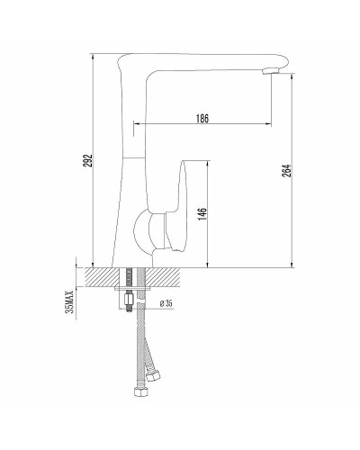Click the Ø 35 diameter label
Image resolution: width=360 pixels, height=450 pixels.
click(x=166, y=303)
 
